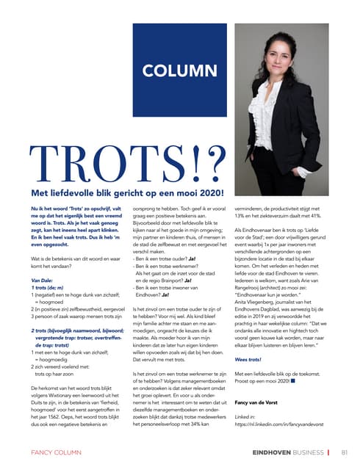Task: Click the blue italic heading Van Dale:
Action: (45, 280)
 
